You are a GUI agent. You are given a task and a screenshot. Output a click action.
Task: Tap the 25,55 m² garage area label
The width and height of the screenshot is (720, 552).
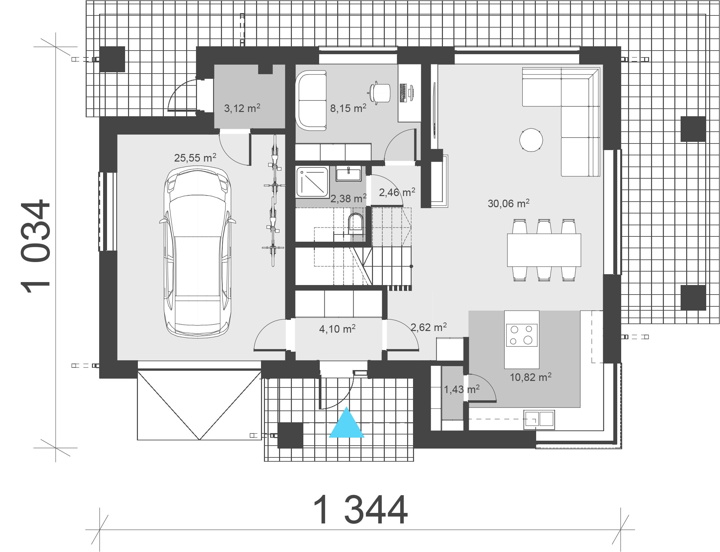(x=195, y=158)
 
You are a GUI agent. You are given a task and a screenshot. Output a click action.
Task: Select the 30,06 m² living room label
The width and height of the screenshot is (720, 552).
(x=509, y=203)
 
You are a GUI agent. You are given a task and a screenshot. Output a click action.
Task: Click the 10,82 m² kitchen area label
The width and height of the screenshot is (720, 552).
(x=531, y=377)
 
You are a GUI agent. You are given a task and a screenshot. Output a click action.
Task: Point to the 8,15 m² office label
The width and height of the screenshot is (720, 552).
(x=348, y=108)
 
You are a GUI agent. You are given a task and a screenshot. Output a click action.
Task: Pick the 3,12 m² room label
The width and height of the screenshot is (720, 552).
(x=242, y=108)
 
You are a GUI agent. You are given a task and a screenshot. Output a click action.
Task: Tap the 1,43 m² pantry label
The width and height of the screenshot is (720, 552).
(x=462, y=389)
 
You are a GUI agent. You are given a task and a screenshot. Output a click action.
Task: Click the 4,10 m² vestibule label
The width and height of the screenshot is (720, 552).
(x=337, y=329)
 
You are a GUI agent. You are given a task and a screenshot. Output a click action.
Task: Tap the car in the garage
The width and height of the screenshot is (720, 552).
(x=197, y=252)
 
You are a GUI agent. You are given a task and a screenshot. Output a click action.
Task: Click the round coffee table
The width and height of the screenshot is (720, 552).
(x=531, y=140)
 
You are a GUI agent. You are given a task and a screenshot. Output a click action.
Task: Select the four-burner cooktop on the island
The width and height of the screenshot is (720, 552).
(x=522, y=335)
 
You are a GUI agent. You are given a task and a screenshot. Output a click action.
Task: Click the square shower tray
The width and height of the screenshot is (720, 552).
(x=313, y=182)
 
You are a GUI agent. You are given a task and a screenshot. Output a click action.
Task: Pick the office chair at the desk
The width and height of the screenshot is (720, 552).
(x=380, y=93)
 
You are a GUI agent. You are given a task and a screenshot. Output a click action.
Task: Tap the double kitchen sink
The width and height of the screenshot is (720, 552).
(x=539, y=420)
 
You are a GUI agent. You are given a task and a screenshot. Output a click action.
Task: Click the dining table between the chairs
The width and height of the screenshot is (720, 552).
(x=544, y=250)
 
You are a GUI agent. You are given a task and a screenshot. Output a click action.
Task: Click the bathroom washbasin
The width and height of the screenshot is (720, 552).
(x=348, y=173)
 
